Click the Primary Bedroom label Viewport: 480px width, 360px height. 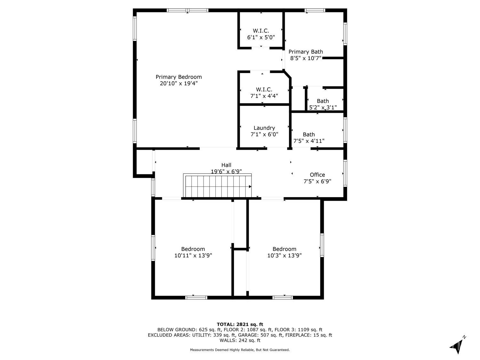tap(179, 77)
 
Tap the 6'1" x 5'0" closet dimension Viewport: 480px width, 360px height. tap(261, 37)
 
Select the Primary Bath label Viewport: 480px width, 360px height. tap(306, 52)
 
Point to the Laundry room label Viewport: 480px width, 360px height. tap(264, 128)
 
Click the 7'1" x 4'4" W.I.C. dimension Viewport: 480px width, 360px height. tap(264, 96)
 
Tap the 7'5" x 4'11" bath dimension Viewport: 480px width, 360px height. tap(309, 141)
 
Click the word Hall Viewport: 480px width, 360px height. tap(226, 165)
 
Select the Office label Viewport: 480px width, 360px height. tap(317, 175)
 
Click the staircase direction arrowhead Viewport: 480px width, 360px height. tap(250, 187)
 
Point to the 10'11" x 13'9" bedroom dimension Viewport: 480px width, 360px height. tap(193, 255)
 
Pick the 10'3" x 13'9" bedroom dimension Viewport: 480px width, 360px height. tap(284, 255)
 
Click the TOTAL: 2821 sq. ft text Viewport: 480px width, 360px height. tap(240, 324)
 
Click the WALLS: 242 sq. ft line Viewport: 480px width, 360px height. tap(240, 340)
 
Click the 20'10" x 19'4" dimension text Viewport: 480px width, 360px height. tap(179, 83)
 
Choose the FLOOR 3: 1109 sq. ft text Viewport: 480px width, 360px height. tap(299, 330)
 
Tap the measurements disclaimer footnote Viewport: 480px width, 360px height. tap(240, 350)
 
